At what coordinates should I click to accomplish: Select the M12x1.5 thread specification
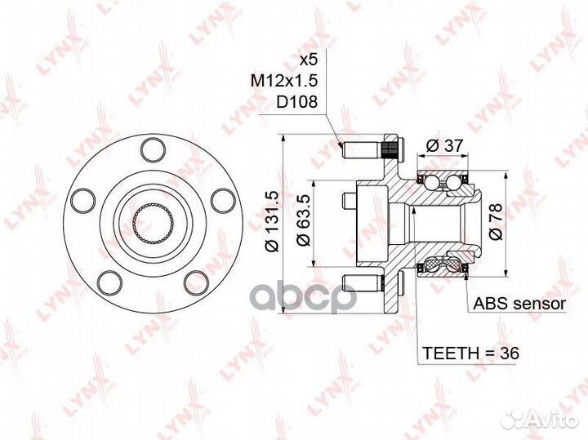(284, 80)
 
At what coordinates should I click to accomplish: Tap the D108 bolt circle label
(296, 101)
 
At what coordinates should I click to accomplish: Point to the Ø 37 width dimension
(445, 145)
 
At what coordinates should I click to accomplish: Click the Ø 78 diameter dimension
(495, 221)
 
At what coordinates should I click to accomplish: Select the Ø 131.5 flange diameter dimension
(272, 221)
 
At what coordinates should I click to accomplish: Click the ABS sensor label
(519, 304)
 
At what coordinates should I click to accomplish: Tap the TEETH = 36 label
(471, 353)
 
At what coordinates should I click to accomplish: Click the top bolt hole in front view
(153, 149)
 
